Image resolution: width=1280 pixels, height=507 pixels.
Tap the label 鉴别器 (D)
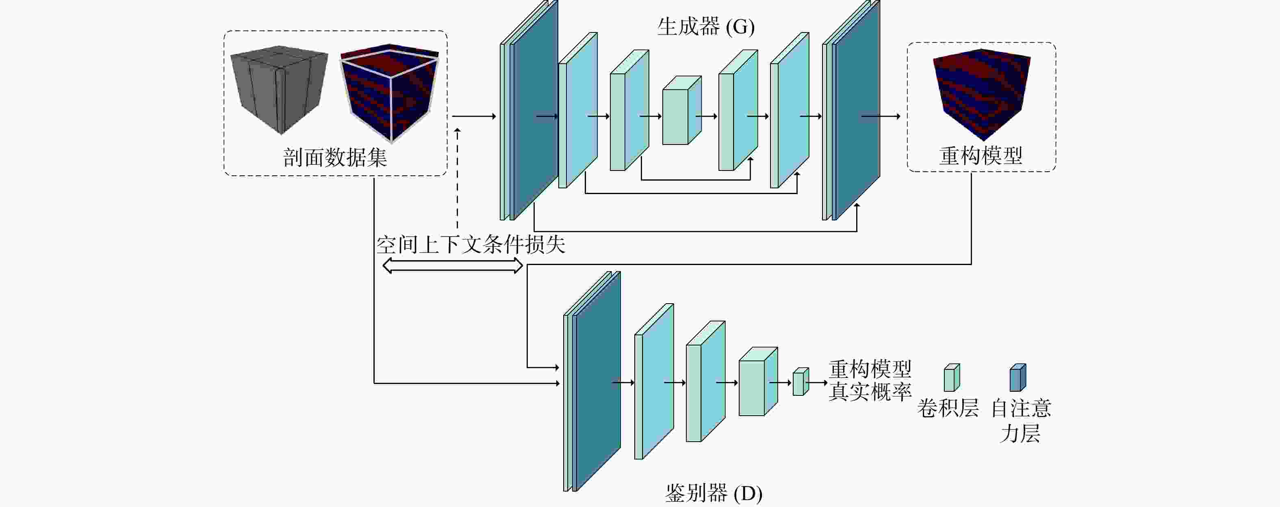pos(714,493)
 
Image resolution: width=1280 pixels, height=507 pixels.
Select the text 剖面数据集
pos(335,157)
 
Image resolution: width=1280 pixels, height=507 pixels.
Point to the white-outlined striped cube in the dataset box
pos(389,93)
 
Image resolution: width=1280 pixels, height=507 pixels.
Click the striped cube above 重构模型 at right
pos(981,94)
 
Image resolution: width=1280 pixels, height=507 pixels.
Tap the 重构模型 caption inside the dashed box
pos(981,155)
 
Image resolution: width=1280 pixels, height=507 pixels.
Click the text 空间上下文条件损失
pos(471,245)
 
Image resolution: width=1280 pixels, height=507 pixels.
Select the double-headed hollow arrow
pos(453,265)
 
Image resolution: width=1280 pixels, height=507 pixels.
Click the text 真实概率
pos(870,392)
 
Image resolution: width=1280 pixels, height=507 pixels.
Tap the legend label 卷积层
pos(948,408)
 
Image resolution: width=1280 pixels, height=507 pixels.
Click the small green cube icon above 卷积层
pos(952,378)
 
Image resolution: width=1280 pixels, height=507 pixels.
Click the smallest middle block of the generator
pos(682,110)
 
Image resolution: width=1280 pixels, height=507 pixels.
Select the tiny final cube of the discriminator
pos(801,382)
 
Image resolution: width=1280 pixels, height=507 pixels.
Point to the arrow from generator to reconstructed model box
pos(881,116)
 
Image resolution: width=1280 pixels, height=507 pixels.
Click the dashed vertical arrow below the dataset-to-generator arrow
pos(457,178)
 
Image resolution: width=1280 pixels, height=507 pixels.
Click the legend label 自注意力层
pos(1021,421)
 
